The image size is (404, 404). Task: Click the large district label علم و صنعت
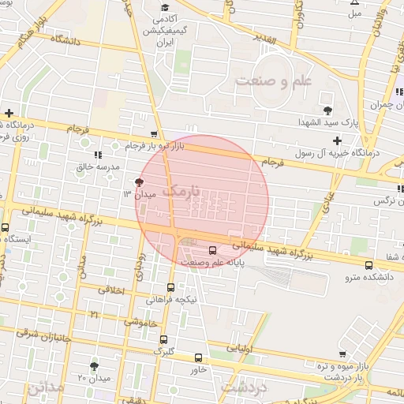(274, 80)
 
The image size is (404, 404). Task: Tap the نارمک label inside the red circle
(181, 192)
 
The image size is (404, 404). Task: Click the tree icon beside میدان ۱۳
(140, 183)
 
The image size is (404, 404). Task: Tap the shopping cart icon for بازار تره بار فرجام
(154, 134)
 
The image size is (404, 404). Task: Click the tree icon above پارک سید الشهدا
(328, 110)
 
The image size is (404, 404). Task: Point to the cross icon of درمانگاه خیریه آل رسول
(337, 140)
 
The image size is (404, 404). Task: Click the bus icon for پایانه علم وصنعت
(211, 251)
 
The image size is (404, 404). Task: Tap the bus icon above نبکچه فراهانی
(171, 288)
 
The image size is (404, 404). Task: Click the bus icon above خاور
(198, 357)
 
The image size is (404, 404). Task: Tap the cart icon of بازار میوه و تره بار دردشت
(342, 354)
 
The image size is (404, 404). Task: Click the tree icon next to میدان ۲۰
(95, 366)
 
